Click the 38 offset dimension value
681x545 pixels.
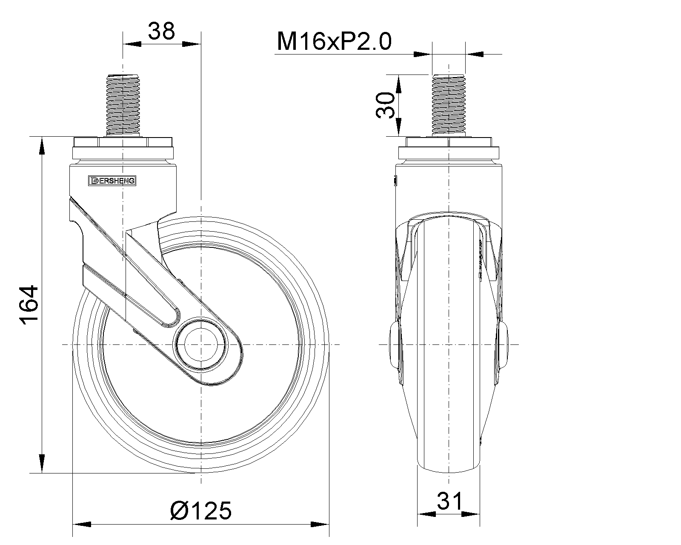161,31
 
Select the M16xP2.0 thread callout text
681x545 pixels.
334,41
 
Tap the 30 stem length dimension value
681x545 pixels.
386,106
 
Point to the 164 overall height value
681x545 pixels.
29,305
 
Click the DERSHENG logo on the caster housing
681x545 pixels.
112,181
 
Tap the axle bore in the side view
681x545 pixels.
200,344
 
